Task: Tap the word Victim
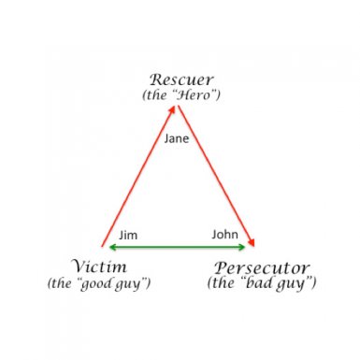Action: (x=98, y=265)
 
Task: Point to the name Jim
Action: (x=128, y=235)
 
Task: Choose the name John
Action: (x=224, y=235)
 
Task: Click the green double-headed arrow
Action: (x=178, y=247)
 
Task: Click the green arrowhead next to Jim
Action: (x=112, y=247)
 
